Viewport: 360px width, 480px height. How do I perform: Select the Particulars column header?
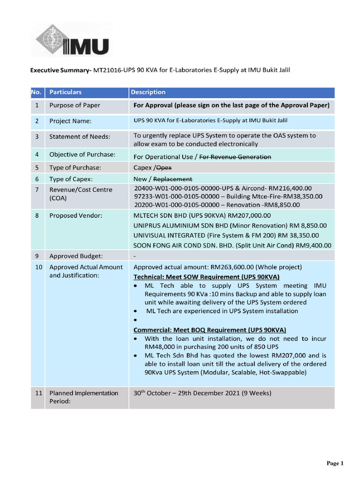coord(66,92)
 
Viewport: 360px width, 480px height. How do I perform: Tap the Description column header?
coord(148,92)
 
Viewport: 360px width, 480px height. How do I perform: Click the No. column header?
coord(37,92)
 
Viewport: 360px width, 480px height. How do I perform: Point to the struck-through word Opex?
coord(162,167)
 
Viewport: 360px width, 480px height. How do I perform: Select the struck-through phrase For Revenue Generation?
coord(235,157)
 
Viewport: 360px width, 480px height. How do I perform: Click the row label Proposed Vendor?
coord(75,216)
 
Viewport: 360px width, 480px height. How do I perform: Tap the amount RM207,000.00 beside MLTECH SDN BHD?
coord(248,216)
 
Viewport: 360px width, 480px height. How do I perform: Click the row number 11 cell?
coord(37,393)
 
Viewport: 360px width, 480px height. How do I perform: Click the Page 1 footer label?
coord(335,463)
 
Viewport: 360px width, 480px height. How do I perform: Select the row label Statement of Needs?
coord(80,136)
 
